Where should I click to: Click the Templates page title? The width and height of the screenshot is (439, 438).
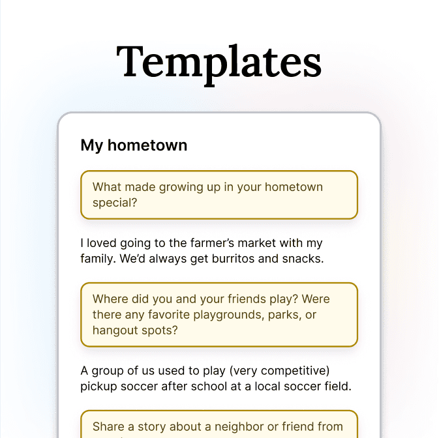(x=219, y=62)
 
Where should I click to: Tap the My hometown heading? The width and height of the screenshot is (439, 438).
(x=134, y=145)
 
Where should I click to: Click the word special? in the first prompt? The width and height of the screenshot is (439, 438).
(x=115, y=203)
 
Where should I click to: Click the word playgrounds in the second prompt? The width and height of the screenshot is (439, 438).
(x=237, y=315)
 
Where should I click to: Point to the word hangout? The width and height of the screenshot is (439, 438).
(x=115, y=330)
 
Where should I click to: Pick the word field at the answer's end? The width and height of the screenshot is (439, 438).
(x=338, y=387)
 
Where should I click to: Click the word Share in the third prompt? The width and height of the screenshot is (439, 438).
(x=108, y=427)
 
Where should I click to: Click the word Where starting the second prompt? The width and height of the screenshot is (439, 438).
(x=111, y=299)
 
